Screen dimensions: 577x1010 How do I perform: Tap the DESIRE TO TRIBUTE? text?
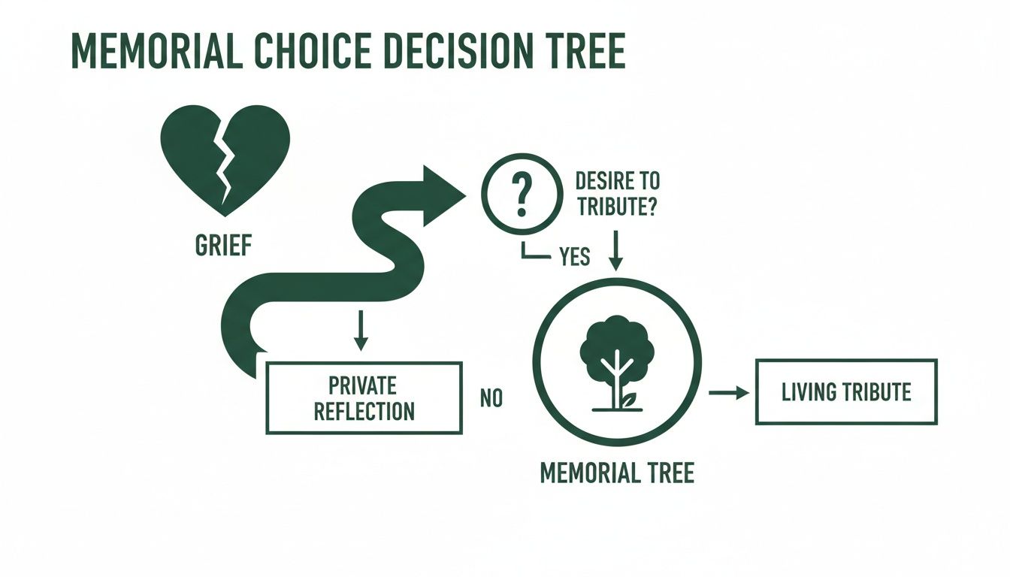(616, 195)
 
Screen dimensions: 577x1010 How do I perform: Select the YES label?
(575, 258)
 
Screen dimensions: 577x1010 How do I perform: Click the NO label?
(491, 398)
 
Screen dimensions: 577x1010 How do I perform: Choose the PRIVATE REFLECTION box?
(364, 398)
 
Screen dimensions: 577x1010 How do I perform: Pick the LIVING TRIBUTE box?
(846, 392)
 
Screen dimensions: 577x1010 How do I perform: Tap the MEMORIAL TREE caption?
(617, 473)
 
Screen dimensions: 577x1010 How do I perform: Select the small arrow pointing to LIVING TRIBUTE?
(729, 392)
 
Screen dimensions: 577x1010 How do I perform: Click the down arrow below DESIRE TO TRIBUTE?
(615, 250)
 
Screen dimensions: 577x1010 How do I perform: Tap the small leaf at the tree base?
(630, 400)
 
